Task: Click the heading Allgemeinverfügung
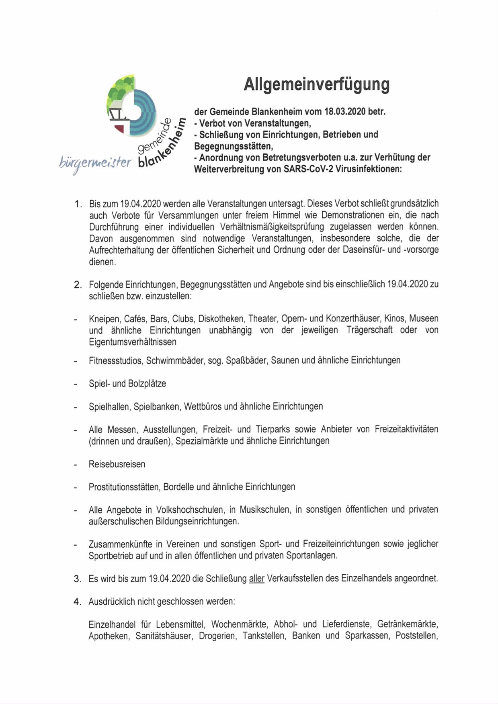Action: coord(317,85)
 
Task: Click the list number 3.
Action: coord(78,579)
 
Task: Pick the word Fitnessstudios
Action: coord(115,360)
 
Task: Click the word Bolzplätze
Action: coord(147,384)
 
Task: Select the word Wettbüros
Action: coord(203,407)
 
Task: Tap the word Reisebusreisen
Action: coord(117,465)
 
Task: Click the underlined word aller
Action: coord(257,579)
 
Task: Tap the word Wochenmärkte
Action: coord(239,624)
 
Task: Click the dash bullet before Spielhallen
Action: coord(75,407)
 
